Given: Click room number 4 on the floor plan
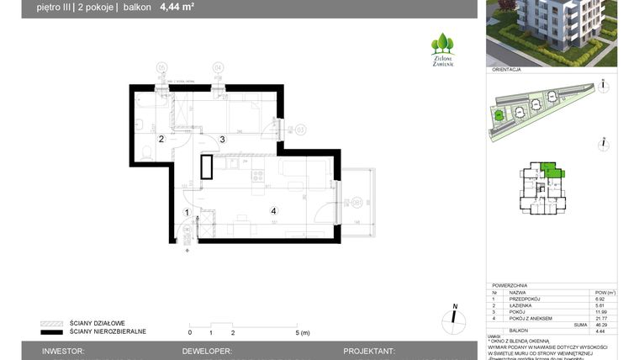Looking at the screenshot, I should click(272, 210).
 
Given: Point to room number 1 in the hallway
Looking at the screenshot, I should click(187, 213).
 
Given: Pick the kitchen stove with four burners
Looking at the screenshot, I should click(258, 176).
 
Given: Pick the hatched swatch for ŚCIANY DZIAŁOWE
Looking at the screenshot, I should click(53, 322).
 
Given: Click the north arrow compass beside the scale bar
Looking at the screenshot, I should click(454, 317).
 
